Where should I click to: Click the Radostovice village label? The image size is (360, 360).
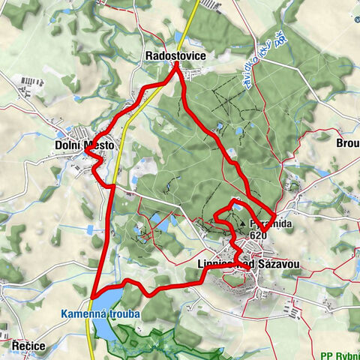(175, 55)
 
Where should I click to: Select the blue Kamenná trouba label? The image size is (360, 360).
(101, 313)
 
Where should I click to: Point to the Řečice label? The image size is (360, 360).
(28, 346)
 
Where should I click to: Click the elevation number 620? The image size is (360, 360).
(259, 235)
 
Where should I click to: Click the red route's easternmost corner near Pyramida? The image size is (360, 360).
(274, 215)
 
